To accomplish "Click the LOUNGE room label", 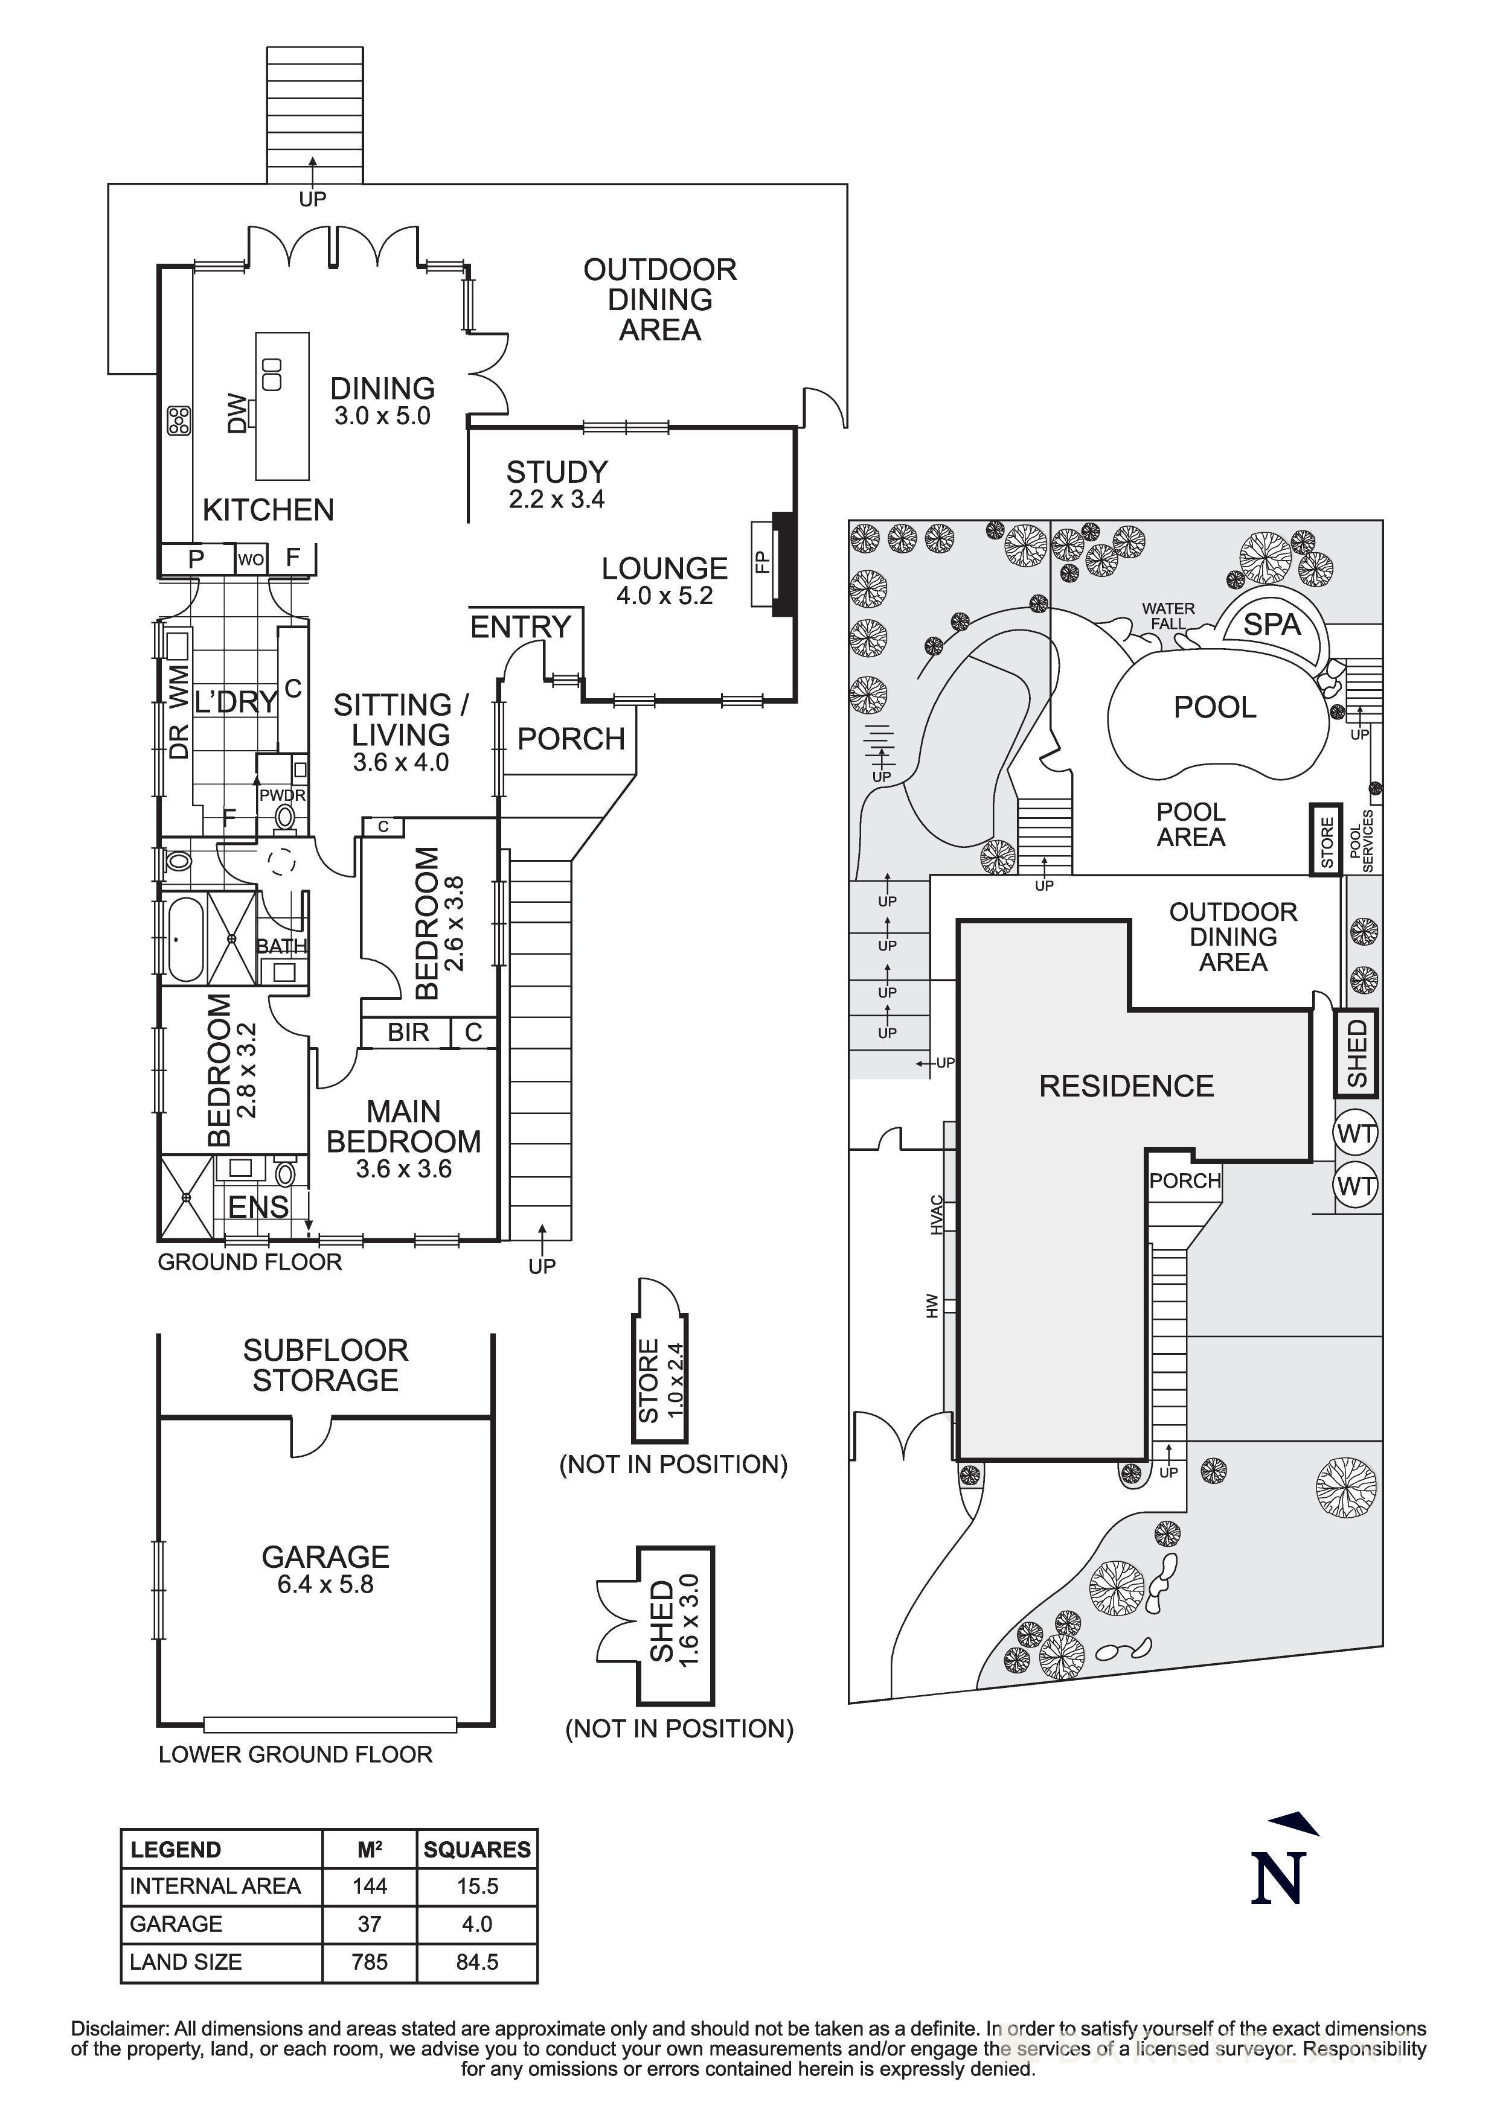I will click(x=664, y=569).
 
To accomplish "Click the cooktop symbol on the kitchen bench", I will click(x=178, y=421).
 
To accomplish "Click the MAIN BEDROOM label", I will click(x=403, y=1127).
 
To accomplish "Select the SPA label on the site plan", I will click(x=1271, y=625).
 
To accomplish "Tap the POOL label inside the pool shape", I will click(x=1215, y=707).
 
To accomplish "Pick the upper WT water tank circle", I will click(x=1355, y=1133).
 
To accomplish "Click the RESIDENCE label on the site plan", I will click(x=1126, y=1086).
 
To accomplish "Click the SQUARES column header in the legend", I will click(x=477, y=1850).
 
